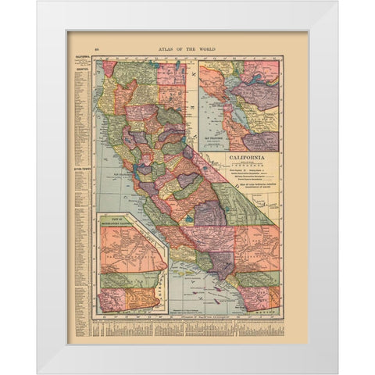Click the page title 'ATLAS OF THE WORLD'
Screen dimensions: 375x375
coord(187,48)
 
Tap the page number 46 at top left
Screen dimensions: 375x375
coord(96,48)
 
